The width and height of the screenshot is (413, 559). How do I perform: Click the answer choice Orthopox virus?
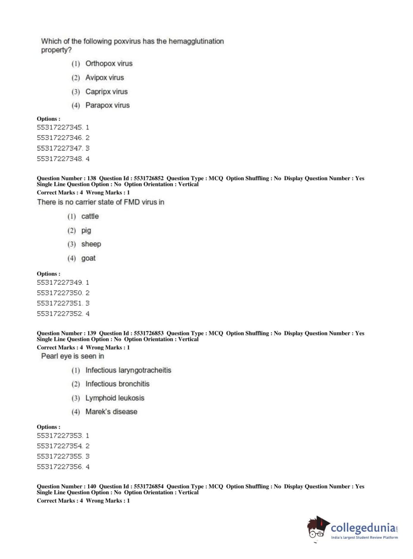109,63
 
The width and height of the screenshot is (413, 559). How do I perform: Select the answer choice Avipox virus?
104,78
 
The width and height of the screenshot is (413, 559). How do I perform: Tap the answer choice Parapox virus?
107,105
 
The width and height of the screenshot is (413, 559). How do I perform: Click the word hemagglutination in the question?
196,41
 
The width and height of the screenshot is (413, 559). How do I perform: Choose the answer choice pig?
86,230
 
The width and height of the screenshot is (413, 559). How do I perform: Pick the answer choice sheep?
91,244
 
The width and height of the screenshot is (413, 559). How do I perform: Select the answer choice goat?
88,258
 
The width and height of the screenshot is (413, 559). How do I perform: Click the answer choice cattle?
90,216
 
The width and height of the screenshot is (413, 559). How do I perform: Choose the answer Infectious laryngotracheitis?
128,370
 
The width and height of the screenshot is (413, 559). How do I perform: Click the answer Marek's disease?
111,411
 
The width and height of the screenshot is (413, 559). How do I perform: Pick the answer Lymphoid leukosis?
115,398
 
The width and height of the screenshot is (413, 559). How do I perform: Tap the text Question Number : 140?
66,486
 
